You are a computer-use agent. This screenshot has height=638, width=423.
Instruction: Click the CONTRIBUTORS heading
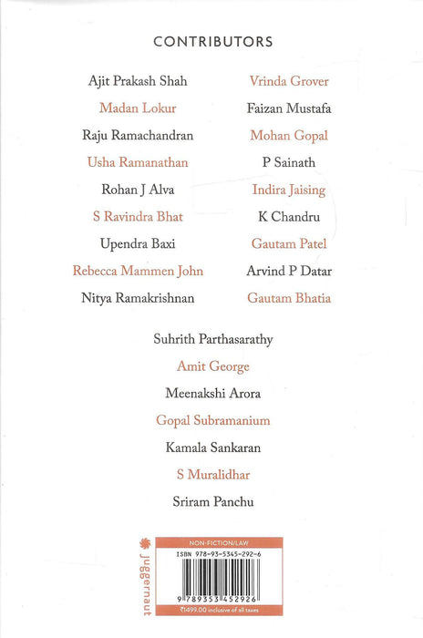pyautogui.click(x=212, y=42)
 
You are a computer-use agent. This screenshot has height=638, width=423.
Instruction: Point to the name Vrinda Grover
pyautogui.click(x=289, y=81)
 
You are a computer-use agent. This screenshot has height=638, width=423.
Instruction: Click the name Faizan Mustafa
pyautogui.click(x=289, y=108)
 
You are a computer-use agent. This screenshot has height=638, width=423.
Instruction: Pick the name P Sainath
pyautogui.click(x=289, y=163)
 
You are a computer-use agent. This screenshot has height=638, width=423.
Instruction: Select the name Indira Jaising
pyautogui.click(x=289, y=190)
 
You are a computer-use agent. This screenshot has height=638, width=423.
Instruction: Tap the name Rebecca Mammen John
pyautogui.click(x=139, y=272)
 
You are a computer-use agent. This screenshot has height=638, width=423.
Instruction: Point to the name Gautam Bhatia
pyautogui.click(x=289, y=298)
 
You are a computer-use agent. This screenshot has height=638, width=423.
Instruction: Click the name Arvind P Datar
pyautogui.click(x=289, y=272)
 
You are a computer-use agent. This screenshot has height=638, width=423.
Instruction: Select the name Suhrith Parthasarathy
pyautogui.click(x=213, y=340)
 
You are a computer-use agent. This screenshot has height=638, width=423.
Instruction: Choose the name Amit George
pyautogui.click(x=213, y=366)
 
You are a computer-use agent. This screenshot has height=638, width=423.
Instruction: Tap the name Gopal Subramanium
pyautogui.click(x=213, y=421)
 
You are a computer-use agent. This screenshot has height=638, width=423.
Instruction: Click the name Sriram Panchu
pyautogui.click(x=213, y=501)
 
